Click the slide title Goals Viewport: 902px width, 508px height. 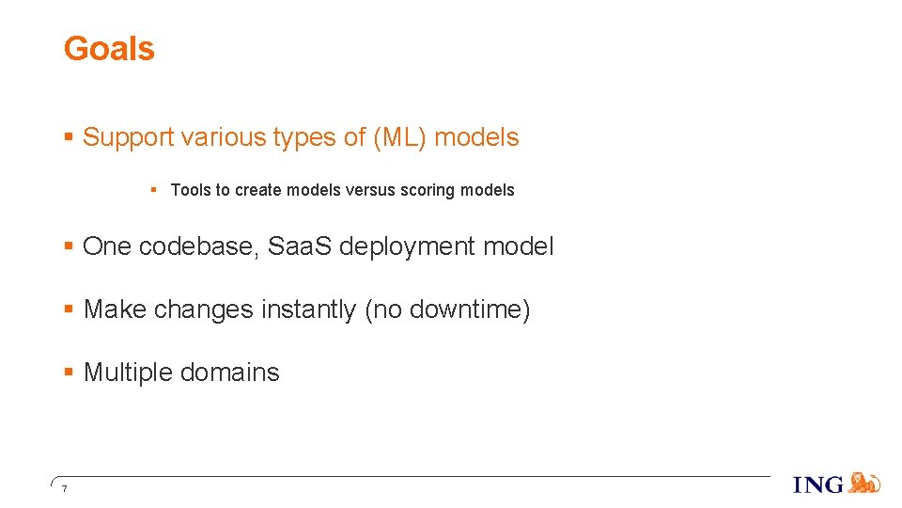point(108,49)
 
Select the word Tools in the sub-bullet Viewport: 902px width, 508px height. point(191,190)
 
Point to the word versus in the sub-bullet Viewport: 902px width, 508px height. point(370,190)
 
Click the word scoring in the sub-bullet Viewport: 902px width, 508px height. point(428,190)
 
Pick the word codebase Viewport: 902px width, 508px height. point(199,246)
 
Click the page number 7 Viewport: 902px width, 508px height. point(63,488)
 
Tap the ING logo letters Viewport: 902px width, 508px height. point(818,484)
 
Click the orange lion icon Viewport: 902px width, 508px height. point(864,483)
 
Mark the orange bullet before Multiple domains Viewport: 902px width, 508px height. point(69,373)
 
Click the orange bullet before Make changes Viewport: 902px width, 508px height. point(69,310)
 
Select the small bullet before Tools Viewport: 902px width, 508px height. point(153,190)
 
